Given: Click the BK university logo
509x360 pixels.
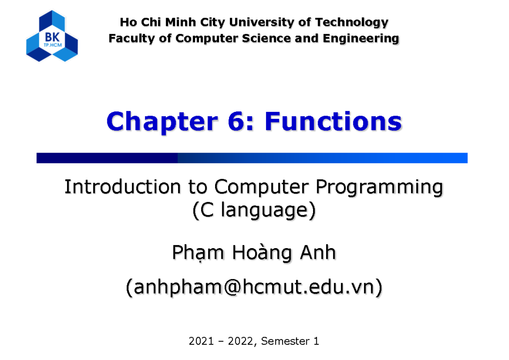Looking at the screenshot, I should [52, 36].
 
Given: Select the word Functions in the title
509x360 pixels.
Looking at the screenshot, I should [333, 122].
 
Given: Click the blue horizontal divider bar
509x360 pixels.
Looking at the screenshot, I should [252, 158].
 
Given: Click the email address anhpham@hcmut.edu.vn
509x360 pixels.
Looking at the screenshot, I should [254, 288].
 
